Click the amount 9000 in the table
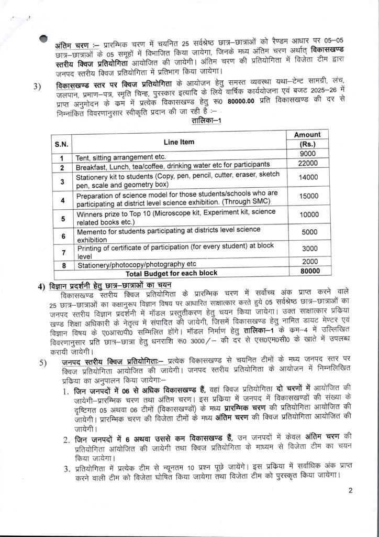click(306, 154)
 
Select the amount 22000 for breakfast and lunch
click(306, 165)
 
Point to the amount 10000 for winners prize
click(306, 214)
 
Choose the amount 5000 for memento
click(306, 232)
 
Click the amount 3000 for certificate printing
click(306, 248)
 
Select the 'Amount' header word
click(307, 135)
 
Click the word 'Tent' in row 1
click(84, 157)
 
